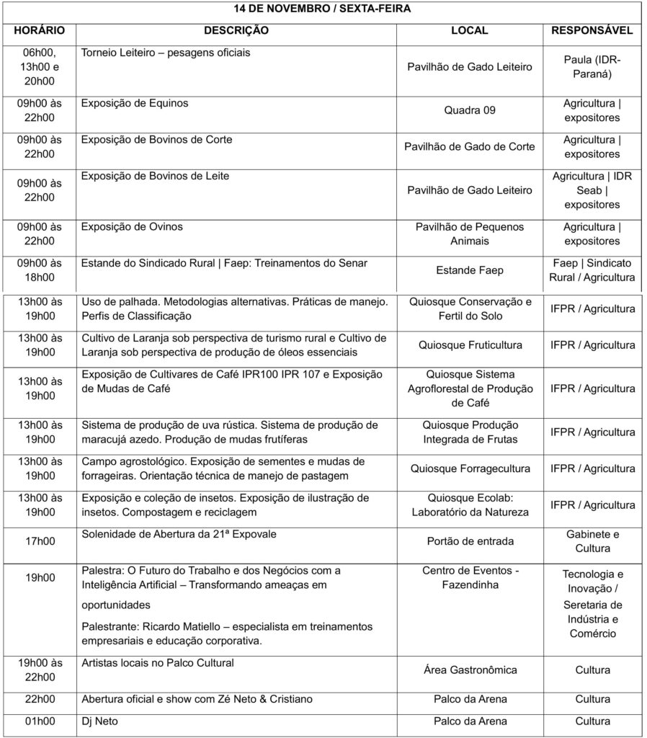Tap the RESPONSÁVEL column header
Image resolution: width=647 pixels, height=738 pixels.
(592, 31)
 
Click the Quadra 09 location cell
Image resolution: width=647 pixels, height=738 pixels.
(470, 110)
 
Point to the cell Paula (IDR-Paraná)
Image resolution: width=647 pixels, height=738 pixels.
(592, 66)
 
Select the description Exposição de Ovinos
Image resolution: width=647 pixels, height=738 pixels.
(132, 227)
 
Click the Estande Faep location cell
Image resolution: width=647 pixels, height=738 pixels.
(470, 271)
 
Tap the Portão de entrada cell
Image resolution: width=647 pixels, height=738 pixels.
(470, 541)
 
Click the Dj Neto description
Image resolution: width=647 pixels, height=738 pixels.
(99, 721)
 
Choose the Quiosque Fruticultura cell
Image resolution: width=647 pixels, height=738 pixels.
(470, 345)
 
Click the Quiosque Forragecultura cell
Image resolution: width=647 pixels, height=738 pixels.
(470, 468)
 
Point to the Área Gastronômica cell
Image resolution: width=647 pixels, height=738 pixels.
(470, 670)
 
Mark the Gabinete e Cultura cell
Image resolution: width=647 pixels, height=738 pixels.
(592, 541)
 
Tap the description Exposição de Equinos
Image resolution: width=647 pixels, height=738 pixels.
(135, 103)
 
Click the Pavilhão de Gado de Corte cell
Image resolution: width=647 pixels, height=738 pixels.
(470, 147)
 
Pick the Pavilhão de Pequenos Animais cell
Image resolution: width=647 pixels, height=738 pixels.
(470, 234)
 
